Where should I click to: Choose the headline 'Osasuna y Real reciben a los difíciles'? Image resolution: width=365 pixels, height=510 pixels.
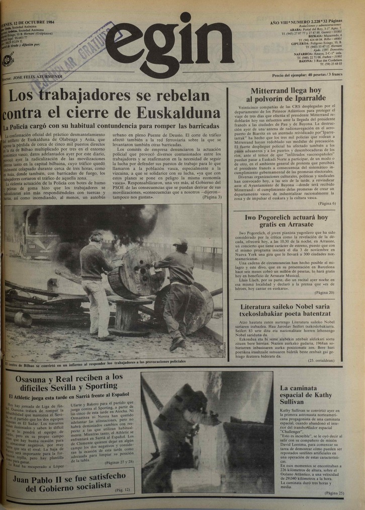(69, 383)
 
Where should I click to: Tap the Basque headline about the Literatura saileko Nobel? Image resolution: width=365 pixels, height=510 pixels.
(285, 310)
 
